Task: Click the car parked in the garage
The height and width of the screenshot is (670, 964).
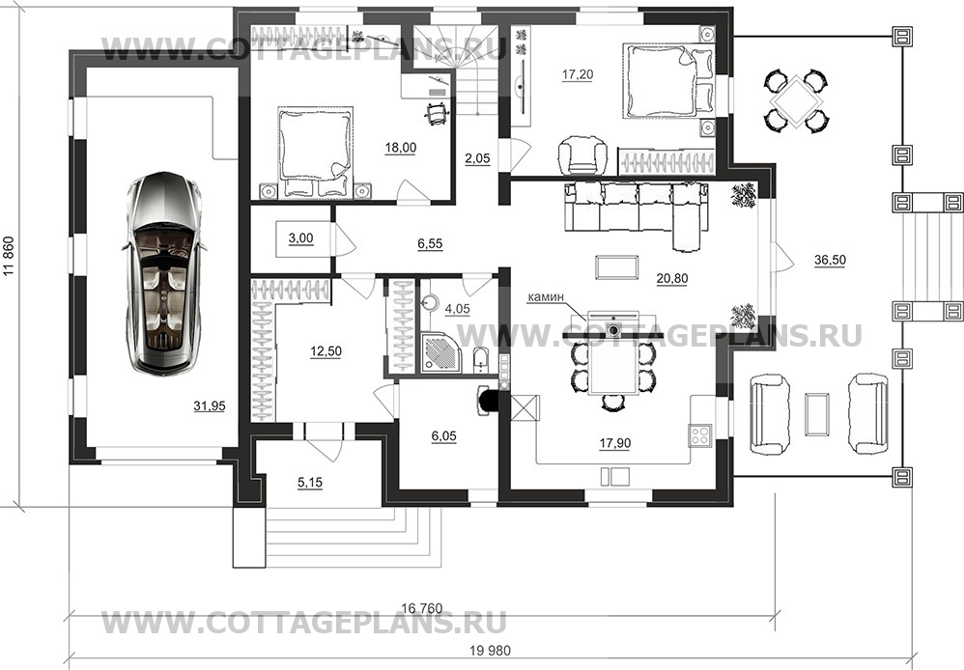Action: point(164,273)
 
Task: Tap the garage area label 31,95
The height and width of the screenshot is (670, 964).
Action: point(210,405)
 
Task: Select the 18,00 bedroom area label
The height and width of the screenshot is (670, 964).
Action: point(400,148)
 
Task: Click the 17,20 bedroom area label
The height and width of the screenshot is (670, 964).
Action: point(578,74)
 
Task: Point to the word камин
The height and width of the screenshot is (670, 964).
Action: point(546,297)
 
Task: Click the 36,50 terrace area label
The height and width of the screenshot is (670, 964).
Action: point(830,260)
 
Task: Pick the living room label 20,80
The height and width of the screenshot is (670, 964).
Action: point(672,278)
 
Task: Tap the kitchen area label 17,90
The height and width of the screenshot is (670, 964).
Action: point(614,443)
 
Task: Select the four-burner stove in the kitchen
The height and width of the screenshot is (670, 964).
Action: point(700,435)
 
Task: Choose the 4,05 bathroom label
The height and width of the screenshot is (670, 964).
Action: point(457,309)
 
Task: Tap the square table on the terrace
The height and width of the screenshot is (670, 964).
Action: point(796,100)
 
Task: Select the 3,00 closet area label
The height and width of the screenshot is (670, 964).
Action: point(300,238)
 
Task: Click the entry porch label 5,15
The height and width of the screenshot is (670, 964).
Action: point(310,483)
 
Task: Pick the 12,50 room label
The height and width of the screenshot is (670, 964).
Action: point(326,351)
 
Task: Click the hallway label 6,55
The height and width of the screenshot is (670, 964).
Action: point(430,244)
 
